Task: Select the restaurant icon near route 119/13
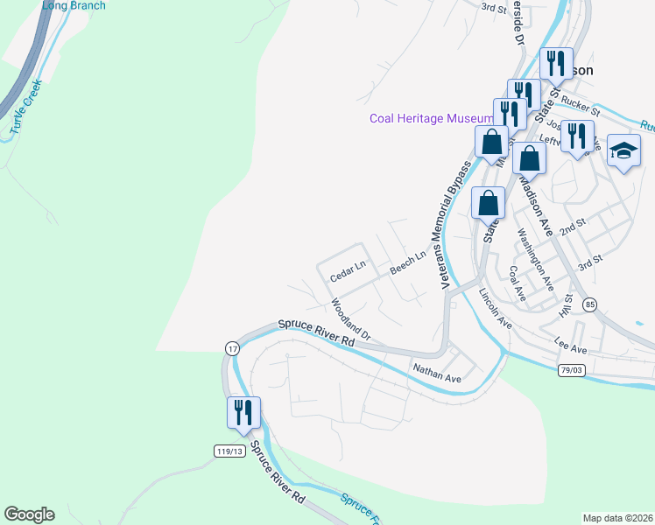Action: (x=243, y=412)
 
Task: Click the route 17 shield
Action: (x=231, y=348)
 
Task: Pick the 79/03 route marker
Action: (x=572, y=371)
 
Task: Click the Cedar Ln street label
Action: (x=347, y=270)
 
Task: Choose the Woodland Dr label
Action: (x=351, y=321)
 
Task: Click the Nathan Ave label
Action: (x=437, y=374)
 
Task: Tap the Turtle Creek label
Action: (x=26, y=113)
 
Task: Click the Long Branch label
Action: (x=74, y=6)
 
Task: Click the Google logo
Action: (x=29, y=514)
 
